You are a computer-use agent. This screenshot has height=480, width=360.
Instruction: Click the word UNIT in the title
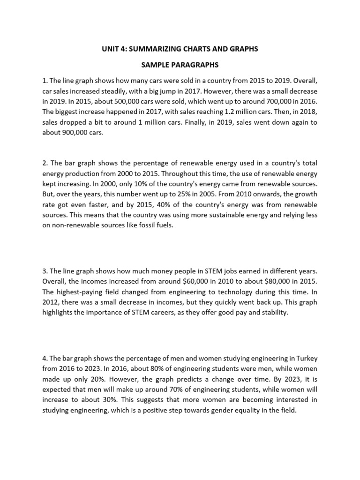111,49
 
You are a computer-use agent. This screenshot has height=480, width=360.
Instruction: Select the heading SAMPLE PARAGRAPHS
180,64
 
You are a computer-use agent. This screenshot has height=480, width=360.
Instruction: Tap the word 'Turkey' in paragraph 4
305,359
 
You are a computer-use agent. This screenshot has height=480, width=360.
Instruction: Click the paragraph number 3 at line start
44,271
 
